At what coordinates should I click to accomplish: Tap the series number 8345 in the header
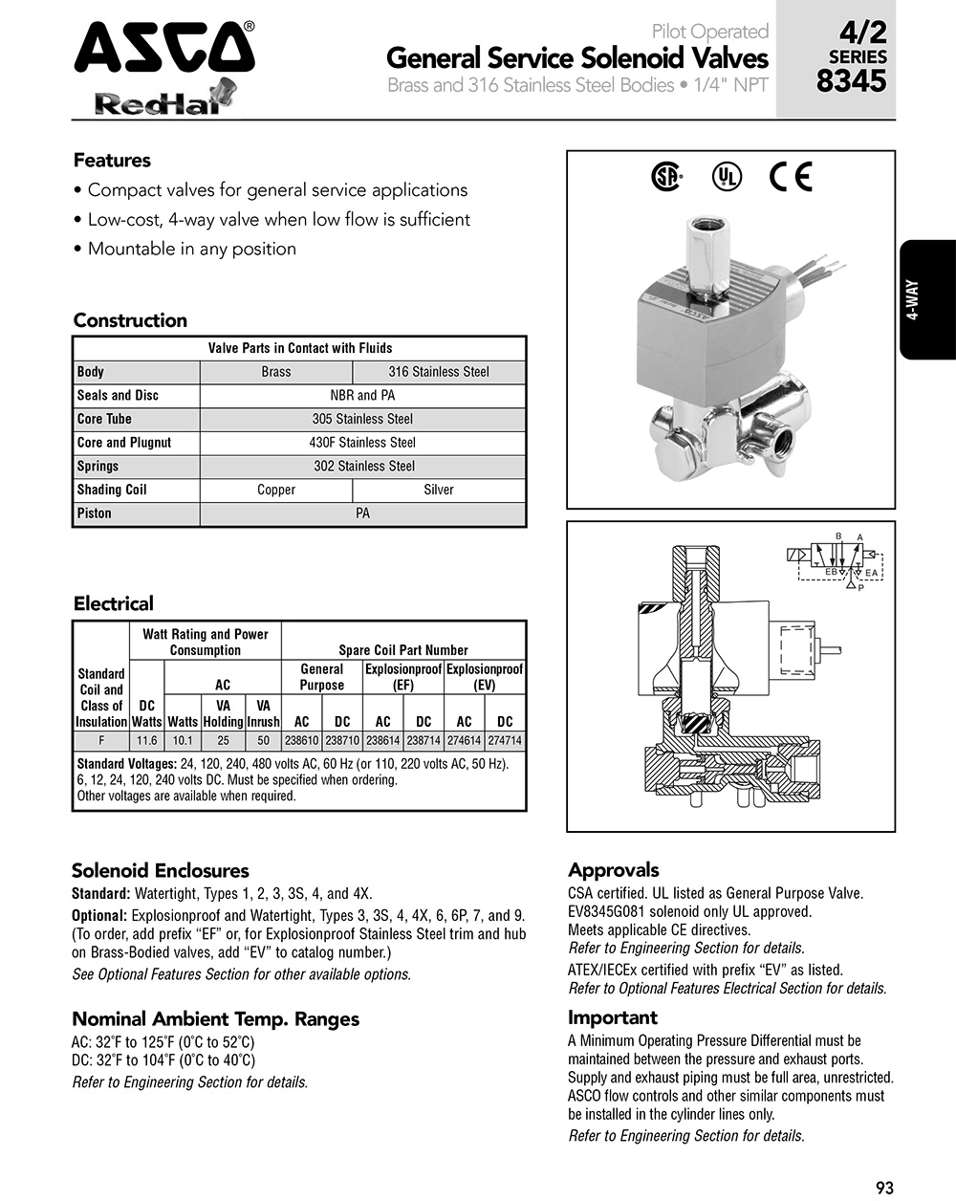(x=851, y=81)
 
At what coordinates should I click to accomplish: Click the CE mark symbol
(x=791, y=177)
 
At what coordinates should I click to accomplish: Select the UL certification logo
(x=727, y=177)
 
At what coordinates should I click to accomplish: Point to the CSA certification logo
(x=666, y=177)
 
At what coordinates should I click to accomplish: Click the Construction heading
(x=130, y=320)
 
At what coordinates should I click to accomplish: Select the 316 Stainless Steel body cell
(x=439, y=372)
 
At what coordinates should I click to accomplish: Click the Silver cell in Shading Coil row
(x=439, y=490)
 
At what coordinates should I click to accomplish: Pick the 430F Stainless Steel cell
(x=362, y=443)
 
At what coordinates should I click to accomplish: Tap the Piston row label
(x=95, y=513)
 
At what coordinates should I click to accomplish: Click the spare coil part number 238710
(x=342, y=741)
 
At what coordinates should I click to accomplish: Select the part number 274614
(x=464, y=741)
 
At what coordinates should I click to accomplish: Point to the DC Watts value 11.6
(x=146, y=741)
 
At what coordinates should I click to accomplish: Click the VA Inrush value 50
(x=263, y=741)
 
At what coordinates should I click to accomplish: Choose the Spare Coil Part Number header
(x=403, y=650)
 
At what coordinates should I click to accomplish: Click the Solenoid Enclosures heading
(x=160, y=870)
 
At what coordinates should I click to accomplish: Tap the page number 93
(x=884, y=1188)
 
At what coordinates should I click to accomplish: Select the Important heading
(x=613, y=1017)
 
